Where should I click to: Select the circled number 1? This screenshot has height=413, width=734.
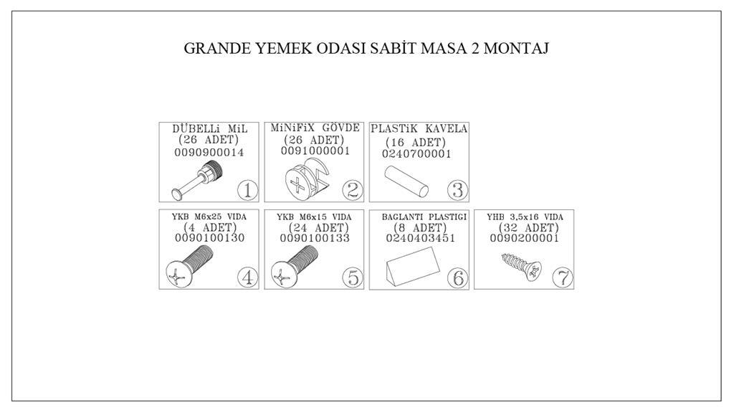(247, 189)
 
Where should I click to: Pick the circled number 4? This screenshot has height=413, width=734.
(247, 277)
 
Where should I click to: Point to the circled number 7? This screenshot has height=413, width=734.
(562, 277)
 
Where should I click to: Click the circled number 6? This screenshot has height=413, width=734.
(458, 277)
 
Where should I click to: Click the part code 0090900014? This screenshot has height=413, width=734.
(209, 152)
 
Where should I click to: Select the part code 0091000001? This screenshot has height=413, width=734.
(315, 151)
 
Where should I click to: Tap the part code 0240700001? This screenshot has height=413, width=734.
(416, 153)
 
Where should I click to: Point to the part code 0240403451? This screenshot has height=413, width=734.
(420, 238)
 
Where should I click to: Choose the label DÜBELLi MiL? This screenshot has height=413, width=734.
(210, 128)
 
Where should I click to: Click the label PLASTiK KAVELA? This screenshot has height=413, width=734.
(419, 129)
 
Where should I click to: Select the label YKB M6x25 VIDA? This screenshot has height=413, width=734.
(209, 217)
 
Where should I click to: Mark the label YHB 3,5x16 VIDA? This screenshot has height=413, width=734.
(525, 217)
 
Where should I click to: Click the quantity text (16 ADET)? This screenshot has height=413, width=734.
(416, 143)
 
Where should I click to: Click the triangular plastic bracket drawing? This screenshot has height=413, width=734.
(411, 266)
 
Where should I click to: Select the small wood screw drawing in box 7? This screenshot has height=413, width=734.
(522, 267)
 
